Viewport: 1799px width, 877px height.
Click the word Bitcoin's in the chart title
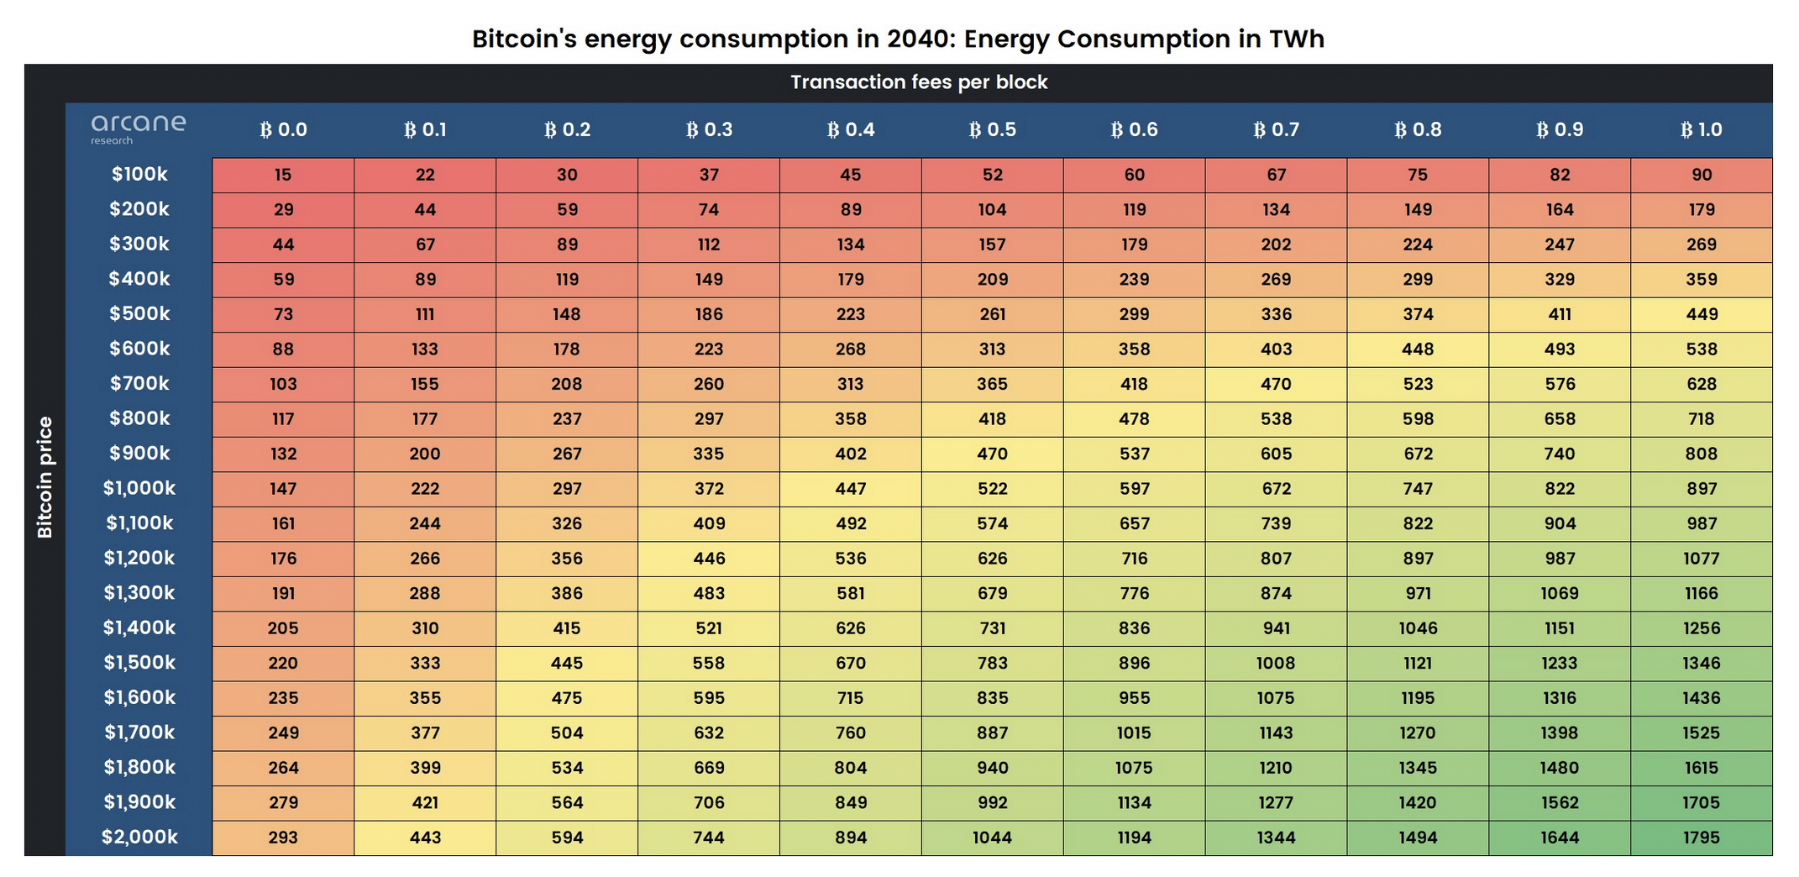click(524, 39)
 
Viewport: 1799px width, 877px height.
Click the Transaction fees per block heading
click(919, 82)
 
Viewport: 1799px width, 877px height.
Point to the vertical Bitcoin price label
click(45, 477)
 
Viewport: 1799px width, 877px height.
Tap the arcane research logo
click(138, 129)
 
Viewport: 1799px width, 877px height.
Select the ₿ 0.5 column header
click(992, 129)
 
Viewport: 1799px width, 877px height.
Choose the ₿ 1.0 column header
click(1701, 129)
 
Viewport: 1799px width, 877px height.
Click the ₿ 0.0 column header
click(283, 129)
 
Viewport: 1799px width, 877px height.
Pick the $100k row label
click(139, 175)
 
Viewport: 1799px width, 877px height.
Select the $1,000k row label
click(139, 488)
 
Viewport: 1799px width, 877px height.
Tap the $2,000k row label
click(139, 837)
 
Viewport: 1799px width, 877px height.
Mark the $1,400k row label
click(139, 628)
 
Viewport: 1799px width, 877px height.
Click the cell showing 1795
click(1701, 838)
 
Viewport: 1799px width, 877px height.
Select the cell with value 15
click(283, 175)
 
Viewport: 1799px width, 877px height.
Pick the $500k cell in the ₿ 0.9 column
click(1560, 314)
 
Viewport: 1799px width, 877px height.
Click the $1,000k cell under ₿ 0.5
click(992, 489)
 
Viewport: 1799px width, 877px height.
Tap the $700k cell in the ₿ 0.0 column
click(283, 384)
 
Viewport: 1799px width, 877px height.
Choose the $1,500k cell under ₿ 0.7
click(1276, 663)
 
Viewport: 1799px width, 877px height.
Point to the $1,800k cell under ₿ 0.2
click(567, 768)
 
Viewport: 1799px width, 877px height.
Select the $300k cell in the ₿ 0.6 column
click(1134, 244)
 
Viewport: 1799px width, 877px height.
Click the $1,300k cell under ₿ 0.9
click(1560, 593)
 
